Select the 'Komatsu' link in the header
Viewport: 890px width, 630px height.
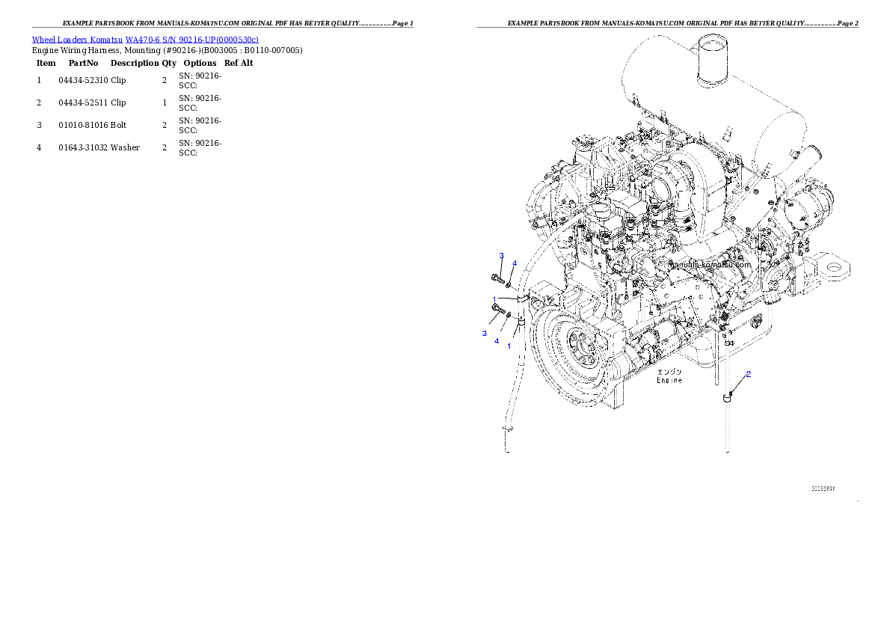[x=107, y=40]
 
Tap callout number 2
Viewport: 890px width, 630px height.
[x=748, y=374]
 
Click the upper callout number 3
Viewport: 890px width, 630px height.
[x=502, y=256]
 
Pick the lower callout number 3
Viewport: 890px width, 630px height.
[x=484, y=333]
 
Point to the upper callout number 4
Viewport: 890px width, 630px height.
[x=515, y=263]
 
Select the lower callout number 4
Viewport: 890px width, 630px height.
[x=496, y=341]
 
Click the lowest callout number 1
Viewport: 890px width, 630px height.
[x=509, y=346]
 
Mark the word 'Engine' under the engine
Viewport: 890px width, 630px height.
[x=669, y=380]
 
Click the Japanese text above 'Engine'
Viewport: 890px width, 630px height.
[x=669, y=372]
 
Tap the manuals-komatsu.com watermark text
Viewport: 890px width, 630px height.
[x=710, y=265]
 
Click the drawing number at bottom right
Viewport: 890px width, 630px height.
[x=823, y=489]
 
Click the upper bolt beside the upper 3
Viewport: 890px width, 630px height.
[x=499, y=279]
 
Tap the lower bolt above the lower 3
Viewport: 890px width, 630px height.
[x=496, y=308]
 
